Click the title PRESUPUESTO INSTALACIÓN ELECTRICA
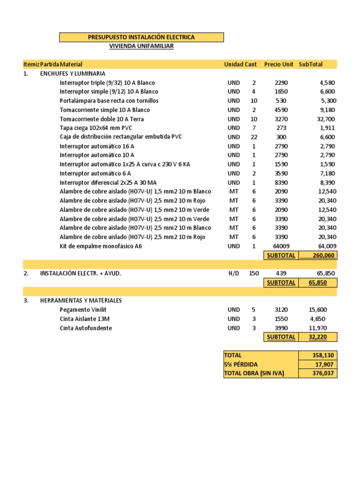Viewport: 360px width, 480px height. coord(141,37)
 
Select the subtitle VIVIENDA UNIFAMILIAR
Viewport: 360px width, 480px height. coord(141,46)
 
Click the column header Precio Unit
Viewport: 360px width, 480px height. coord(278,64)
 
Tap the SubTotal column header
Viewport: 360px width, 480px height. coord(311,64)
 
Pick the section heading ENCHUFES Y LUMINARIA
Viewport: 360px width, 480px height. coord(73,74)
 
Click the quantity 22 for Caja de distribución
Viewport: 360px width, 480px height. coord(254,137)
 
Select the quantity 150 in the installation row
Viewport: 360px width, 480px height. coord(254,273)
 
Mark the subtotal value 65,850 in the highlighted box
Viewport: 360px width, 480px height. coord(317,283)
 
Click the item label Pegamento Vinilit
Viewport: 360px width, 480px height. coord(86,310)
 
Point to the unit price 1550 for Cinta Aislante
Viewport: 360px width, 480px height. coord(281,319)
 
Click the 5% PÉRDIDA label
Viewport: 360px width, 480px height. coord(241,364)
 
